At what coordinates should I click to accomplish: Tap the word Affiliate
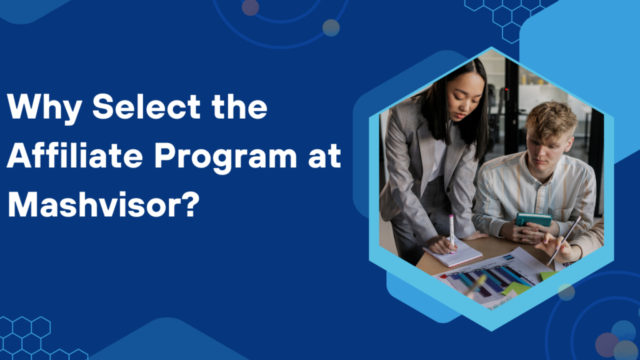click(75, 156)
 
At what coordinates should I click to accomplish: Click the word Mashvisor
click(91, 204)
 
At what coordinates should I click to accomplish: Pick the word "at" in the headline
click(324, 157)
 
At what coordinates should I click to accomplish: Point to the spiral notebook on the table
click(452, 254)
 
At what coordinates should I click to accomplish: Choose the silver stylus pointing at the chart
click(564, 241)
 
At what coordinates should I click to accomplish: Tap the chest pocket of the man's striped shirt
click(568, 207)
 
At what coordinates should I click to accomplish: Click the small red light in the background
click(506, 89)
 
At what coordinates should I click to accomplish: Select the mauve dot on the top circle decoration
click(250, 7)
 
